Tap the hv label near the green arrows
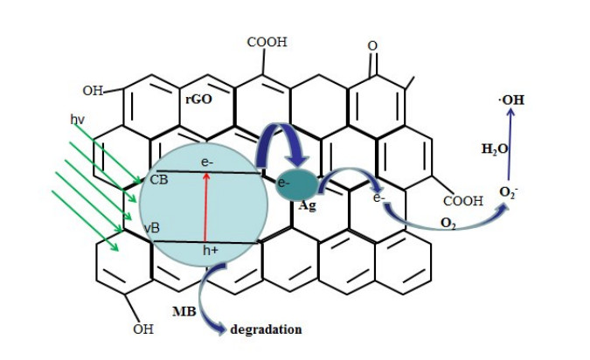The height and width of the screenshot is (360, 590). tap(78, 116)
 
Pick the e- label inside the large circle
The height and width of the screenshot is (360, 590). tap(206, 163)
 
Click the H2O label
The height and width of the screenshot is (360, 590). tap(495, 149)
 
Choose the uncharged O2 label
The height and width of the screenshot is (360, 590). tap(448, 225)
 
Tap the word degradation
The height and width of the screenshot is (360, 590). tap(266, 329)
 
